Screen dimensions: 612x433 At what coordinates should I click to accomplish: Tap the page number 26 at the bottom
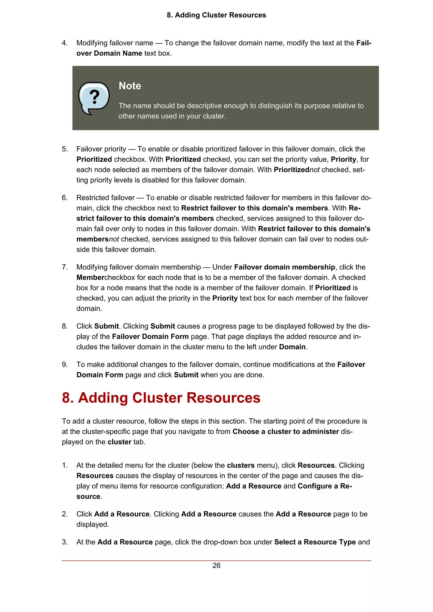coord(216,565)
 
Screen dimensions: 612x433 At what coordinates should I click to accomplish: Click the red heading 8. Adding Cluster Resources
coord(161,398)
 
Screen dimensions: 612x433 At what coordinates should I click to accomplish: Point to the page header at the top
coord(216,15)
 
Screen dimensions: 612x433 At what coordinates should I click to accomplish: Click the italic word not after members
coord(114,239)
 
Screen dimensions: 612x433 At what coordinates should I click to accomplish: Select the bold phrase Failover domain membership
coord(284,267)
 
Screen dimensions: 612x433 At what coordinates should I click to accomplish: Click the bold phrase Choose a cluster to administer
coord(285,431)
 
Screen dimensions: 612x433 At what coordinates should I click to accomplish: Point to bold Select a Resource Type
coord(315,542)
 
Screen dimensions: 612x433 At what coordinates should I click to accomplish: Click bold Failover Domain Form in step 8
coord(150,336)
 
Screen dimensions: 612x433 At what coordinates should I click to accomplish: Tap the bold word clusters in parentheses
coord(241,465)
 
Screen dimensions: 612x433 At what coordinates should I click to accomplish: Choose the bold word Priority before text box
coord(225,298)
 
